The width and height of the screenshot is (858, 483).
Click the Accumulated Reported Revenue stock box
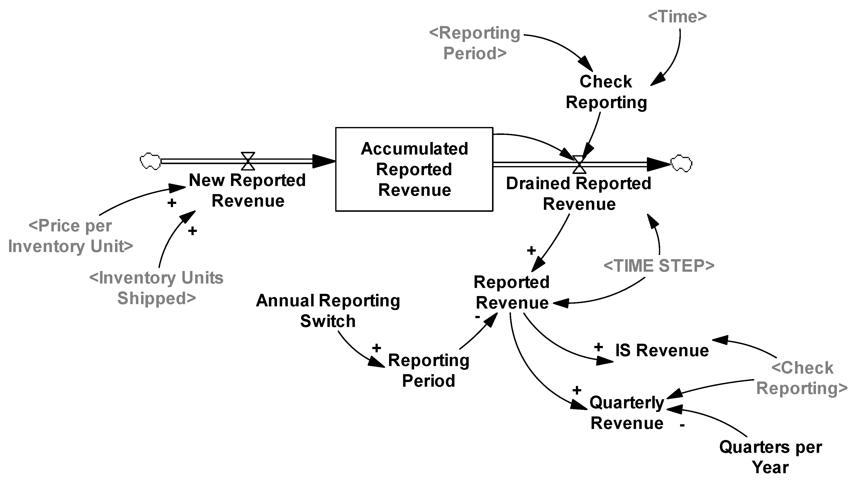coord(414,169)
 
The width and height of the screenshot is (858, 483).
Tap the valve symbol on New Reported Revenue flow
coord(248,161)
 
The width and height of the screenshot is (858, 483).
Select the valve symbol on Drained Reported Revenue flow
coord(579,164)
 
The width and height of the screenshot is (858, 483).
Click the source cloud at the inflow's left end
coord(150,161)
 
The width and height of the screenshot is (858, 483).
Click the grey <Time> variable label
coord(677,17)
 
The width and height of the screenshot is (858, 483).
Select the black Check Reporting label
coord(606,92)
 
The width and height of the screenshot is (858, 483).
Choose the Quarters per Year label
coord(771,457)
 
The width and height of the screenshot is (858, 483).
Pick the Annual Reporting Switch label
coord(328,311)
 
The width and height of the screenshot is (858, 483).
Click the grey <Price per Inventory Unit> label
coord(71,236)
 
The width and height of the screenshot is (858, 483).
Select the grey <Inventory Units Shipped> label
coord(157,288)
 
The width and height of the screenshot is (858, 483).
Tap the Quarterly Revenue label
coord(627,413)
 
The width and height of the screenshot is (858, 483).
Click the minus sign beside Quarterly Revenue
coord(682,425)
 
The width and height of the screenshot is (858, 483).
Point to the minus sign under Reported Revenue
coord(477,317)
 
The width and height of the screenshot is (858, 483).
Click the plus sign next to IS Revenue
coord(598,347)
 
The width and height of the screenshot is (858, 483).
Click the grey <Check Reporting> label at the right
coord(802,378)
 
